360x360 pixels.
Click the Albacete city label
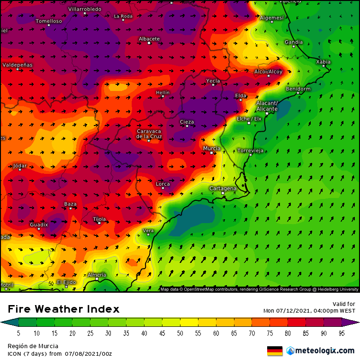149,39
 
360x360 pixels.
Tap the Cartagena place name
223,188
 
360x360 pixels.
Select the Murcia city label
211,148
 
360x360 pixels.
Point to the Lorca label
163,183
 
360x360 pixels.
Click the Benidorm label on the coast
298,89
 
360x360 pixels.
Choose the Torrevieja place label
250,151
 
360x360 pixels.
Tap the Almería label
97,275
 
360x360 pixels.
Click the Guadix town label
39,224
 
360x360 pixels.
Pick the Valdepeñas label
18,64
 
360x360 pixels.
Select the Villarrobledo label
85,9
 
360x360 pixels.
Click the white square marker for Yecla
213,85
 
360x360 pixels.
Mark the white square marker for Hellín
162,96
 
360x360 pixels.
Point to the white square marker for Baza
70,208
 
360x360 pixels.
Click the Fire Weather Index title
63,309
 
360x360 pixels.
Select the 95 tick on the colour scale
342,333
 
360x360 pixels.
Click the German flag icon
275,351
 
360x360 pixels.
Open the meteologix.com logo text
324,351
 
